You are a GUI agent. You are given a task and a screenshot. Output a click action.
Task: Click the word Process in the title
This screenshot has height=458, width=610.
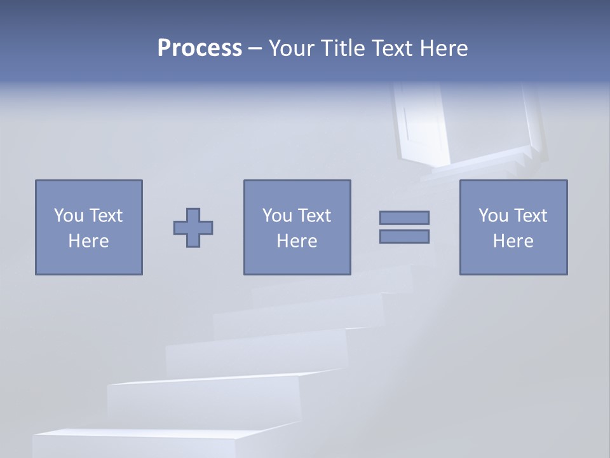coord(200,48)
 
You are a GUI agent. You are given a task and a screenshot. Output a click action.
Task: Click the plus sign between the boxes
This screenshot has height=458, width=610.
coord(193,227)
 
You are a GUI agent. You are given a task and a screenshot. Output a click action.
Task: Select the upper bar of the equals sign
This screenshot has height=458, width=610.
coord(404,218)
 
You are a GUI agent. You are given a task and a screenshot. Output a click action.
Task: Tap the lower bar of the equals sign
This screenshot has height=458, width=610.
coord(404,236)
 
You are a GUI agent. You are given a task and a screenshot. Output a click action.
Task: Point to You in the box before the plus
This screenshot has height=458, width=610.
coord(69,216)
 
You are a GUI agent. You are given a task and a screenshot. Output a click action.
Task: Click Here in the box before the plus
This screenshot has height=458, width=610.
coord(89,241)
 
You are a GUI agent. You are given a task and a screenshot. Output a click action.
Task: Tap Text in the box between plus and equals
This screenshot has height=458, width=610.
coord(314,216)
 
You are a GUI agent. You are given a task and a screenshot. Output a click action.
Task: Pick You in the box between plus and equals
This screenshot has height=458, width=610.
coord(277,216)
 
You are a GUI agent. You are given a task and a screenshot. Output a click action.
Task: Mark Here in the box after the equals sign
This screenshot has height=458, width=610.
coord(513,241)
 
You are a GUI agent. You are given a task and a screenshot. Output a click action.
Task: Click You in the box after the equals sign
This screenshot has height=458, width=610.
coord(493,216)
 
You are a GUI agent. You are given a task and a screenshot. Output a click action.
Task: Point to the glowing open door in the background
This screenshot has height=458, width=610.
coord(423,124)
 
